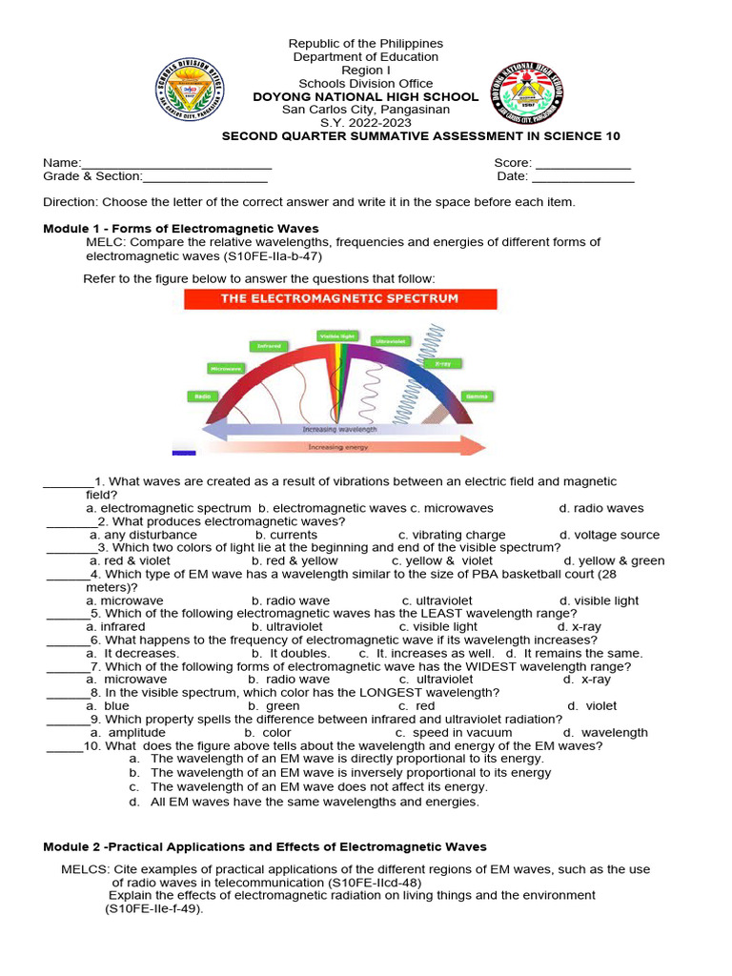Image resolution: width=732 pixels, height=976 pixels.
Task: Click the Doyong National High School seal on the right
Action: (x=526, y=94)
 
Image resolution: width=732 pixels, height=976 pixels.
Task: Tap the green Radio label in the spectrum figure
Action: (x=202, y=396)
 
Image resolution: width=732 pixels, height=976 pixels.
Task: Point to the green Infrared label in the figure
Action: (x=269, y=346)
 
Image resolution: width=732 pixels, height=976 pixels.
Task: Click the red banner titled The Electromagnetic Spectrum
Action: (x=339, y=298)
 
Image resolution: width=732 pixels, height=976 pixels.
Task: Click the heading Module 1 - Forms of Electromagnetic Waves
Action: (x=181, y=229)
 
